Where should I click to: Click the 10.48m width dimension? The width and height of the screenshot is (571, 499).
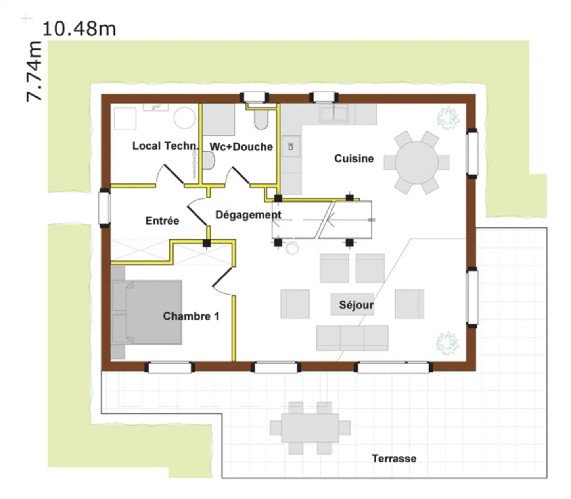coord(79,29)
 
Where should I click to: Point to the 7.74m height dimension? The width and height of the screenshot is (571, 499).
coord(34,71)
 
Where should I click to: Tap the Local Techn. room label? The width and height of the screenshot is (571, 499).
coord(165,146)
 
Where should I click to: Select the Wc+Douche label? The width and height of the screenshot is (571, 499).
coord(241,146)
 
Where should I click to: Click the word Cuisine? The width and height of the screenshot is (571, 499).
coord(354,158)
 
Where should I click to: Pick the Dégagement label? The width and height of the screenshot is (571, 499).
coord(248,215)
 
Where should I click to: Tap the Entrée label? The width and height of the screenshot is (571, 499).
coord(162,221)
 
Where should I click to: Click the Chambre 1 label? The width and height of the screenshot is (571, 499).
coord(191,316)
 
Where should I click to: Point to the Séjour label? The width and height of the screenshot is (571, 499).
coord(356,305)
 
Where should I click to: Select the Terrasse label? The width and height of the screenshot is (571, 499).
coord(394,459)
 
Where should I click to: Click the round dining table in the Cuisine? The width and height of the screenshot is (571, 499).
coord(416,162)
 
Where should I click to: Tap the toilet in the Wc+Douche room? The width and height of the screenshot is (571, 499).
coord(261,119)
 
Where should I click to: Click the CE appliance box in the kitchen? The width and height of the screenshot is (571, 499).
coord(291,146)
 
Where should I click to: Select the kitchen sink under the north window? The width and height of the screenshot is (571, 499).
coord(333,114)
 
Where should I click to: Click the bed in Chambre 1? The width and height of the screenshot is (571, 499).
coord(147,312)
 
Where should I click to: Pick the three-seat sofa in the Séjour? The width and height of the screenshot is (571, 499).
coord(352,338)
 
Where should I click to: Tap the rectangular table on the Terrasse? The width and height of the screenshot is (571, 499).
coord(310,428)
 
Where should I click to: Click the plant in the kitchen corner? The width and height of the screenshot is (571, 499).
coord(448,118)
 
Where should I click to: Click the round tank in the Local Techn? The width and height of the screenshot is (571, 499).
coord(184,118)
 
